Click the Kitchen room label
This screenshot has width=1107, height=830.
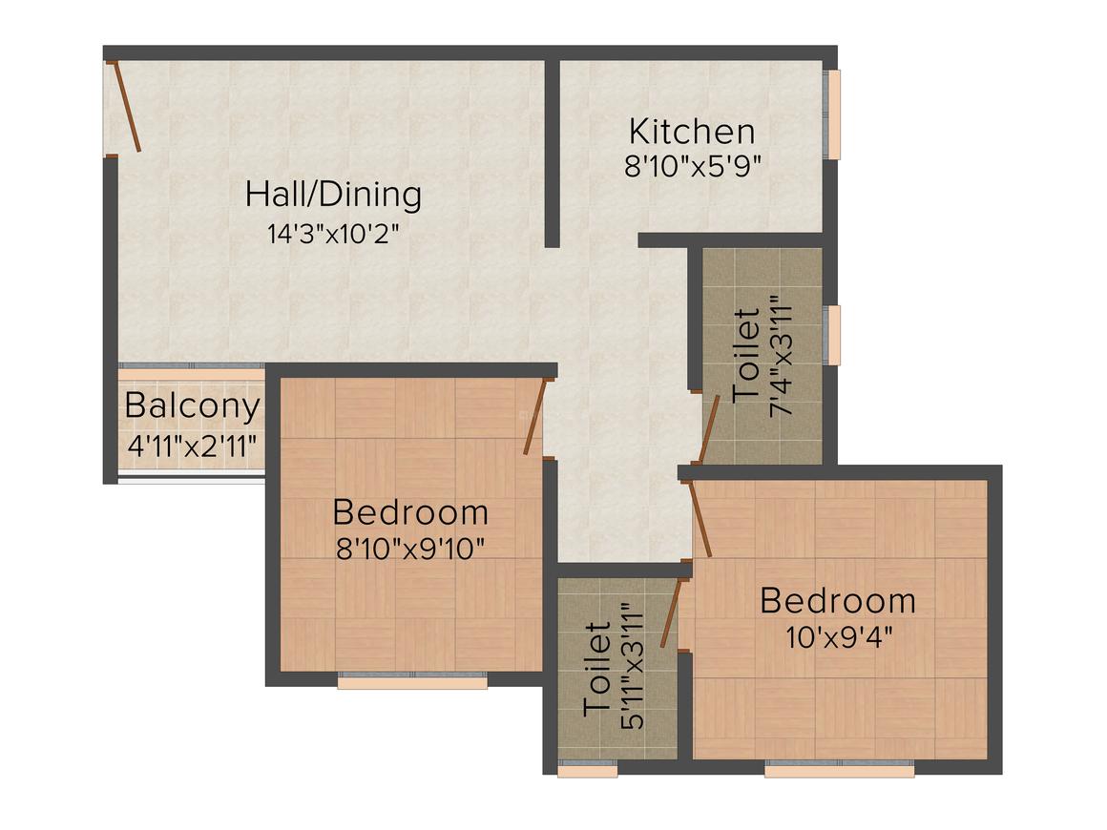pos(692,132)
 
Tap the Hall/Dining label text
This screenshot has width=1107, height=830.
pos(333,195)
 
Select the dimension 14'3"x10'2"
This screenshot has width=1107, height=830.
pos(333,234)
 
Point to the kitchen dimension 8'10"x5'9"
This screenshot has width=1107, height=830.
pos(692,166)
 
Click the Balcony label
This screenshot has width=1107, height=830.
pos(192,406)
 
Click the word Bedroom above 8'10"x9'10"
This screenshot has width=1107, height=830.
pos(410,513)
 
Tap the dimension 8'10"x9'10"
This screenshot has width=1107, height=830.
pos(410,550)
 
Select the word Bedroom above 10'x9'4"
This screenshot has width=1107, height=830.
pos(838,601)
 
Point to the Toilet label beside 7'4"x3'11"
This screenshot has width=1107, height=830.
pos(747,356)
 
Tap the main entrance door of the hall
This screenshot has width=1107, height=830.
pos(126,106)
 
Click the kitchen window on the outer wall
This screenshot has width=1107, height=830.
pos(833,114)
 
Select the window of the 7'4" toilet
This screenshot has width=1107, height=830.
pos(833,335)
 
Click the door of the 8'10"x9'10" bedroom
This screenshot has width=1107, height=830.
pos(534,417)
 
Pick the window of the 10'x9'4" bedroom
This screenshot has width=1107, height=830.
pos(839,768)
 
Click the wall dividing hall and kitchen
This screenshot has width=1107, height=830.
pos(552,153)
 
